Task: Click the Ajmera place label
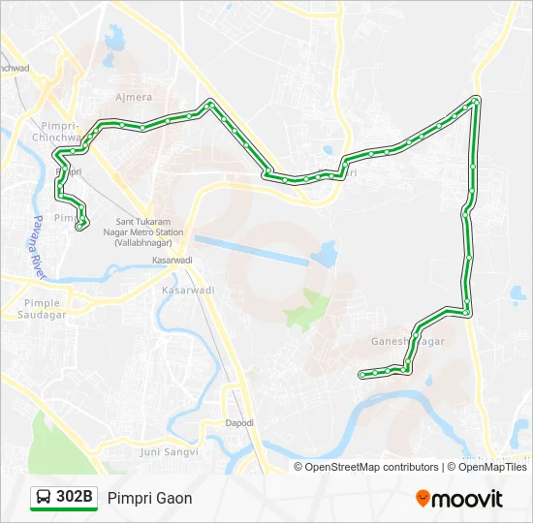point(133,98)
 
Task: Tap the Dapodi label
point(239,423)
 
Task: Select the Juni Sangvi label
point(169,451)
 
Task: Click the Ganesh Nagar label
point(408,342)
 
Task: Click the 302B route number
point(75,498)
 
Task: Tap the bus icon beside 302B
point(44,498)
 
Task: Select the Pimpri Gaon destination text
point(150,498)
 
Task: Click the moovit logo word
point(468,499)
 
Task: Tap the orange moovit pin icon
point(423,499)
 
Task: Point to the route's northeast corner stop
point(475,101)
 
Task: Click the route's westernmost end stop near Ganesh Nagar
point(362,374)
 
